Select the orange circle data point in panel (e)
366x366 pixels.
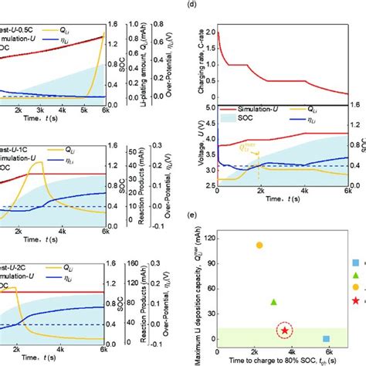[259, 245]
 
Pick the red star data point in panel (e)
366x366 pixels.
[285, 330]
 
